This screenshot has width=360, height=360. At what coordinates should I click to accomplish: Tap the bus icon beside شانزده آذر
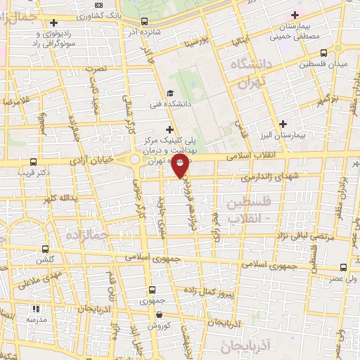click(x=144, y=22)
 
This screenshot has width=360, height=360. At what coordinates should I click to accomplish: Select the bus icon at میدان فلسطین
click(x=323, y=53)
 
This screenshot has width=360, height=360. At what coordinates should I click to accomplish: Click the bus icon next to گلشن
click(x=46, y=249)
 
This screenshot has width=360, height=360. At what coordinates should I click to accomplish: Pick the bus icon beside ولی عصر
click(x=343, y=267)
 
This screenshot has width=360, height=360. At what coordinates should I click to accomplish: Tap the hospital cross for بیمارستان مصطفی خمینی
click(x=295, y=15)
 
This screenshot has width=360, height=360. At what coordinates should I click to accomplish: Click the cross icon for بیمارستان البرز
click(x=283, y=124)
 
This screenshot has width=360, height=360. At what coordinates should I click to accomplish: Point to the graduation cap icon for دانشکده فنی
click(x=169, y=93)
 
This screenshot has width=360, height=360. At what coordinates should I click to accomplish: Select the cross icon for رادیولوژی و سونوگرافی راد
click(x=53, y=22)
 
